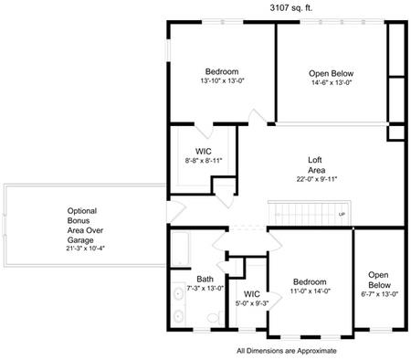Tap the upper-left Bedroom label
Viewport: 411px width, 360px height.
221,72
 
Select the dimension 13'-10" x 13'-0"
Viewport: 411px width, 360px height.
221,81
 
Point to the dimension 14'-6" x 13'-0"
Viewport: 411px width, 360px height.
331,81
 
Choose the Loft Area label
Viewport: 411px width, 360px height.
316,165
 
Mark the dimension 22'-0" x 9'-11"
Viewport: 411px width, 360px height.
316,179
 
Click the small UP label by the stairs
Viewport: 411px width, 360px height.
342,215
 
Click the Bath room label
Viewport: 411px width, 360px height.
205,280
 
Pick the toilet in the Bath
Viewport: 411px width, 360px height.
212,317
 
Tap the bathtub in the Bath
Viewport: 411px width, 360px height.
180,249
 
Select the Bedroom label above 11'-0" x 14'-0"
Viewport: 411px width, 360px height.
310,282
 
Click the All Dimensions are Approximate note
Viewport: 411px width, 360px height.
286,350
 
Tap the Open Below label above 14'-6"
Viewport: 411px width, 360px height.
331,72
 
